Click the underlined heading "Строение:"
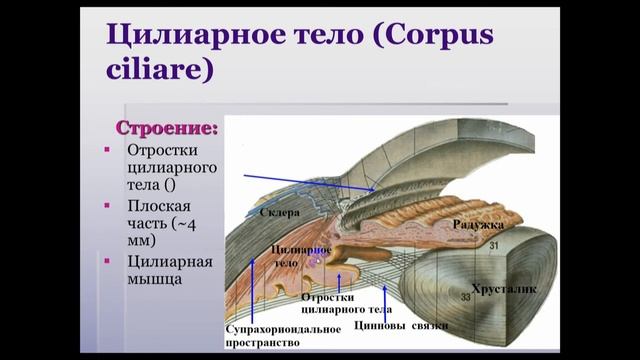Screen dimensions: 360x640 168,129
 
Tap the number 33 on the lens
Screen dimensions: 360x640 464,297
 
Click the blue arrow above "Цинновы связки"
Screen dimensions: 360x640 387,300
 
